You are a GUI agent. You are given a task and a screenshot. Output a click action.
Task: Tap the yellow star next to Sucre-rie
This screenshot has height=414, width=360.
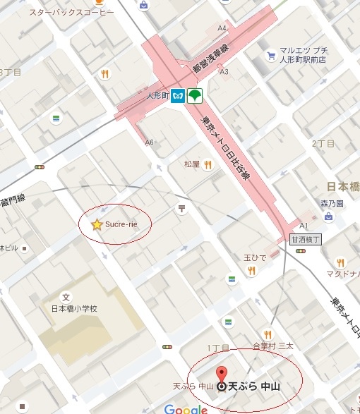97,224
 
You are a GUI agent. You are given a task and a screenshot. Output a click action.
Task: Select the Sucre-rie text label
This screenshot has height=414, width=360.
121,224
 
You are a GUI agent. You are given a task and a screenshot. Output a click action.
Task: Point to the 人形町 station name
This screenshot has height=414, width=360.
159,97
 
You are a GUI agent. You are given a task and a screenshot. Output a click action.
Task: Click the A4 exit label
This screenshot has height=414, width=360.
222,28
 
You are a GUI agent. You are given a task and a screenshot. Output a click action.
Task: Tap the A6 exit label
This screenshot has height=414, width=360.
149,142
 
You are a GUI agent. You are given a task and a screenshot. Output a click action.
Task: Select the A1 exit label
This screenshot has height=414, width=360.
304,226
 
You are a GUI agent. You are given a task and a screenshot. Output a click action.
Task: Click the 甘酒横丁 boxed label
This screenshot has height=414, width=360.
306,239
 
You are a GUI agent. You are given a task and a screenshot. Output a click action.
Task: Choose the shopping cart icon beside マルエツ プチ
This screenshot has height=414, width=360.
270,55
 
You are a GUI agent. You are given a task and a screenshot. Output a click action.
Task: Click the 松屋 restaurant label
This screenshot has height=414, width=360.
192,164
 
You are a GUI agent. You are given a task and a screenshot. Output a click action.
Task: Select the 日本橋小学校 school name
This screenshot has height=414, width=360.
73,309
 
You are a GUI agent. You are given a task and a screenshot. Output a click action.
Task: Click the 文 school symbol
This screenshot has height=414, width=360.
66,297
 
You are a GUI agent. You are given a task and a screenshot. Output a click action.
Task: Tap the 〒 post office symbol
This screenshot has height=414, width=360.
182,208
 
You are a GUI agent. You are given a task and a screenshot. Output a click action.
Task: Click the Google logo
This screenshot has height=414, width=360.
186,408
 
